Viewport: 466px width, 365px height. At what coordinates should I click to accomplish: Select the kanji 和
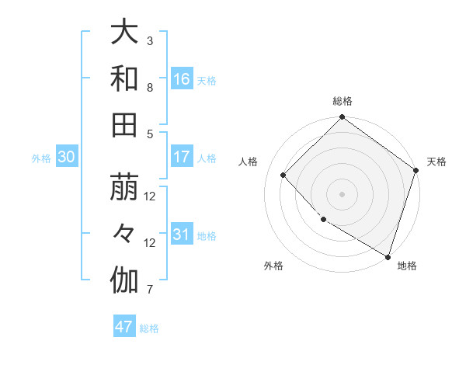(x=124, y=78)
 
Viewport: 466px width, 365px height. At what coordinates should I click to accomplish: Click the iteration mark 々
(x=124, y=234)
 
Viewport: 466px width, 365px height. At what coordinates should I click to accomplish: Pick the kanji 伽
(x=124, y=280)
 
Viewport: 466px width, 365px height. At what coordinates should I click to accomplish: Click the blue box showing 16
(x=182, y=78)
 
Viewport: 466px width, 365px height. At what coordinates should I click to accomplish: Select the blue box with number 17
(x=182, y=157)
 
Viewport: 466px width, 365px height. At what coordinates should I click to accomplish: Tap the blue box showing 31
(x=182, y=235)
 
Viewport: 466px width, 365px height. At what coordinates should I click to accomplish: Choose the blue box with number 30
(x=66, y=157)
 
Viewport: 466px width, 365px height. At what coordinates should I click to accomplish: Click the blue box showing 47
(x=124, y=327)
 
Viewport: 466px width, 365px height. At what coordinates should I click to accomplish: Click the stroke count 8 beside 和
(x=150, y=87)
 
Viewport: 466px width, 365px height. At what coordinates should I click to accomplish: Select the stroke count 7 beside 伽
(x=150, y=290)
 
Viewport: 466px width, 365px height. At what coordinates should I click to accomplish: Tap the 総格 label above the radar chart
(x=343, y=101)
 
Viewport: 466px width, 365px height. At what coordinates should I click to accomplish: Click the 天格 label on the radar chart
(x=437, y=162)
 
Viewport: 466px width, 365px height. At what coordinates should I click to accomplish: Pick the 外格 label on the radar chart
(x=273, y=266)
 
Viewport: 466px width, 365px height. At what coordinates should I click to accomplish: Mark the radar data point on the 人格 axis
(x=283, y=175)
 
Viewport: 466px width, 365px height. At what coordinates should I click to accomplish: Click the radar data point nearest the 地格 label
(x=388, y=255)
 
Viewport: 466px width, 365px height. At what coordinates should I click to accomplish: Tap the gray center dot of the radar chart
(x=343, y=193)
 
